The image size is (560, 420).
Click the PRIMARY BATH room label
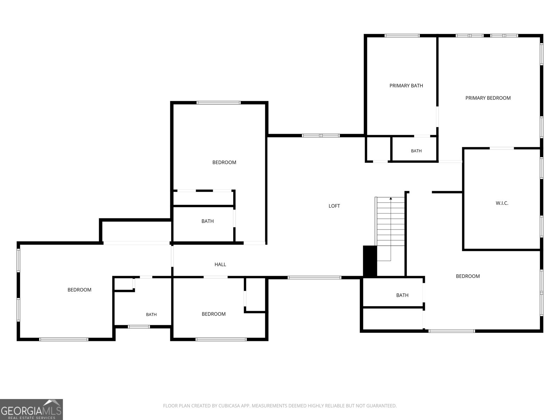406,86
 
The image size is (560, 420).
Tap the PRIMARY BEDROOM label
488,98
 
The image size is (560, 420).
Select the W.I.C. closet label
502,203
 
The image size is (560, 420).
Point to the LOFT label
334,206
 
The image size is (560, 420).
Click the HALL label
220,265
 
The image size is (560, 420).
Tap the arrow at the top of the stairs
391,198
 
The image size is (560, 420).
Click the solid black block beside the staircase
370,261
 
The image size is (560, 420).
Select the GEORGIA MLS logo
31,409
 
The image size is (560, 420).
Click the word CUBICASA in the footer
229,406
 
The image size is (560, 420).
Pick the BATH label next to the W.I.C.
416,151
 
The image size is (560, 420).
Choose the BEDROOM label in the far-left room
79,290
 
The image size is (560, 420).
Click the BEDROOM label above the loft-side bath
224,162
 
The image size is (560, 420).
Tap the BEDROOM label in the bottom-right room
468,276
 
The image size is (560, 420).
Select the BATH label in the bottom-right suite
402,295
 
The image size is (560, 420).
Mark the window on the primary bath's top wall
402,36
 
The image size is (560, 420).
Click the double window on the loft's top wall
321,136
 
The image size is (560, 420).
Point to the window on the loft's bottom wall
314,278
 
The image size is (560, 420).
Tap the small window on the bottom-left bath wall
139,327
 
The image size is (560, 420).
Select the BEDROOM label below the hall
213,314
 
